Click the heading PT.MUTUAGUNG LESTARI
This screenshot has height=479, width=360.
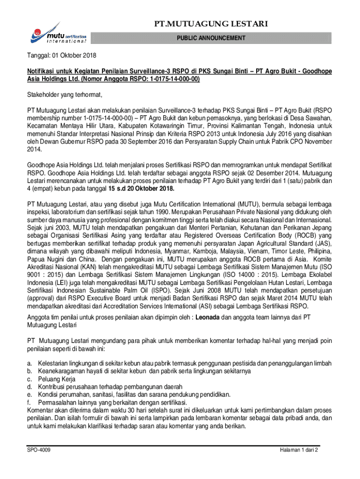222,24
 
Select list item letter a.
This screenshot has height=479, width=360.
29,363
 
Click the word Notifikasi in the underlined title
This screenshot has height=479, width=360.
42,72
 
